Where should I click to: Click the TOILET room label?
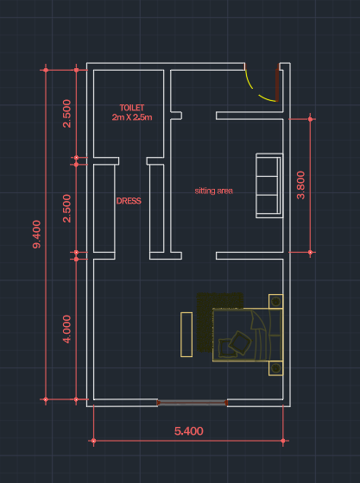point(132,108)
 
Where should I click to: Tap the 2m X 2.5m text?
point(132,117)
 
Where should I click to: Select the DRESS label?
point(129,201)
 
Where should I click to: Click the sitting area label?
point(213,191)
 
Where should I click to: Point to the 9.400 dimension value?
point(36,234)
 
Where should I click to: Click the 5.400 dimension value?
point(188,431)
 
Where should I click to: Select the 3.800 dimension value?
point(300,185)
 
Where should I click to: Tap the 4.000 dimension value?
point(66,329)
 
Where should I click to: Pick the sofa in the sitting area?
point(269,185)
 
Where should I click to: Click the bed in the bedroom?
point(248,335)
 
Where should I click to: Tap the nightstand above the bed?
point(276,301)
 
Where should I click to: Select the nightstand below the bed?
point(276,368)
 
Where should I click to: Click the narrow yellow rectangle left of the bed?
point(186,335)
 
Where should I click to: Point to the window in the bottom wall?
point(192,403)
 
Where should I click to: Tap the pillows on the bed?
point(235,344)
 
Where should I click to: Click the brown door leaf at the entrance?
point(277,85)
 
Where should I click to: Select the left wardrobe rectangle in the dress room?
point(104,209)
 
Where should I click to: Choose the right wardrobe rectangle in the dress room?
point(156,209)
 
